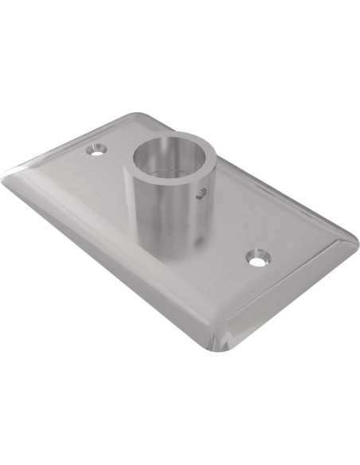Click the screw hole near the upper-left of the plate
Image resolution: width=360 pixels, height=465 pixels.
click(98, 149)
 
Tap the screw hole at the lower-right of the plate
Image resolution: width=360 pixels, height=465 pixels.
click(256, 258)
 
